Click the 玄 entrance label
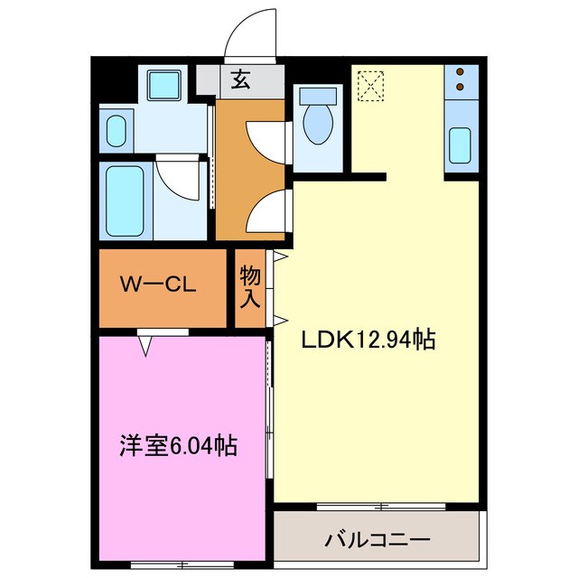(x=240, y=79)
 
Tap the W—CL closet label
(x=159, y=286)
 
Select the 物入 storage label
(x=250, y=287)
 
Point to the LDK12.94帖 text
(x=368, y=340)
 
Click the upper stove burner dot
(x=461, y=72)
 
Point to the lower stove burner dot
(x=461, y=87)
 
